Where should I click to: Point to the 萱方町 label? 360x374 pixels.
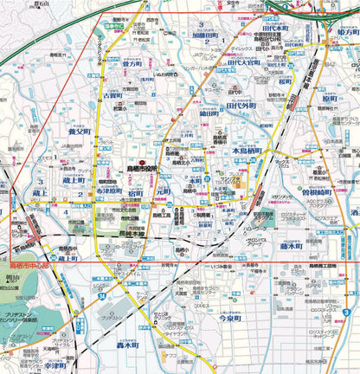pyautogui.click(x=132, y=64)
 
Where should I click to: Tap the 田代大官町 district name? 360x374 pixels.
pyautogui.click(x=244, y=62)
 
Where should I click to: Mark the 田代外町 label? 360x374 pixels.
pyautogui.click(x=241, y=106)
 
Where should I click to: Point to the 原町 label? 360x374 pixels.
pyautogui.click(x=329, y=100)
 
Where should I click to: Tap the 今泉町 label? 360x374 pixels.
pyautogui.click(x=234, y=318)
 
